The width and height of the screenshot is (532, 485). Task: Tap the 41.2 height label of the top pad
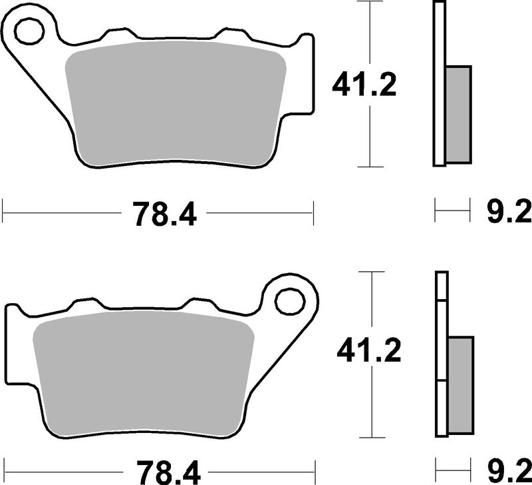(x=364, y=85)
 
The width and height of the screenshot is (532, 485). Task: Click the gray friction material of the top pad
(x=176, y=107)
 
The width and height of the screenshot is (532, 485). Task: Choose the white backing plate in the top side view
(x=438, y=83)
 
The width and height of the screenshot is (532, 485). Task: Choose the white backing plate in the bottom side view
(x=442, y=353)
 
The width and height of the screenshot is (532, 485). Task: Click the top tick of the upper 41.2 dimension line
(x=370, y=3)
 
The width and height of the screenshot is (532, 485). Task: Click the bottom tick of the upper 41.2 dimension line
(x=370, y=166)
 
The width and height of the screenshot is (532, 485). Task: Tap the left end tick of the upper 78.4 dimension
(x=4, y=214)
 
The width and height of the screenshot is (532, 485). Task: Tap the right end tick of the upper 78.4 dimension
(x=313, y=214)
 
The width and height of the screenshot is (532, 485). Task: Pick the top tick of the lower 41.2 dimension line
(x=371, y=272)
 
